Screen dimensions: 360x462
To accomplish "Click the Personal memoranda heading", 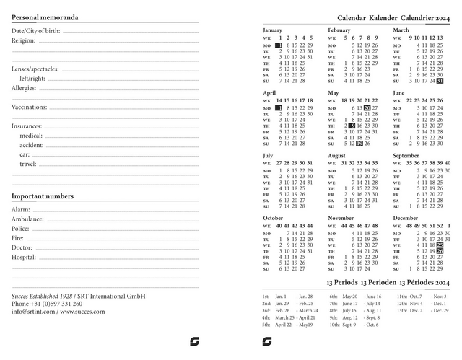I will (x=45, y=17).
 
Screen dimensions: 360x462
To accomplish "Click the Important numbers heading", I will (x=42, y=196).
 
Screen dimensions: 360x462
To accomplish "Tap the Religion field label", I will (x=23, y=40).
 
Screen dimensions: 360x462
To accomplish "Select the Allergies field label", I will (x=24, y=88).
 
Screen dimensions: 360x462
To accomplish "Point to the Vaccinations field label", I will (x=29, y=107).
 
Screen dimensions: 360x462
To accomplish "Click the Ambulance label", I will (x=27, y=219).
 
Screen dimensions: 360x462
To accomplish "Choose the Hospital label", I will (x=23, y=256).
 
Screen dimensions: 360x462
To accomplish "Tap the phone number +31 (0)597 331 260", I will (x=56, y=304).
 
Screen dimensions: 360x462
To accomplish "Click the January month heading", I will (x=273, y=30).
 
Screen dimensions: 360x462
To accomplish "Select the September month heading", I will (x=406, y=155).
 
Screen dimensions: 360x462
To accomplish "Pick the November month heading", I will (x=341, y=217).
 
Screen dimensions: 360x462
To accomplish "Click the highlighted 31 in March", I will (x=440, y=82).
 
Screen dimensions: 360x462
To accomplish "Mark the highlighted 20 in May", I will (x=367, y=107).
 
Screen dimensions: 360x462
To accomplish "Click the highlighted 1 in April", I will (x=279, y=107).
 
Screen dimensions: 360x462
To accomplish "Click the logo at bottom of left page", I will (x=194, y=341).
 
